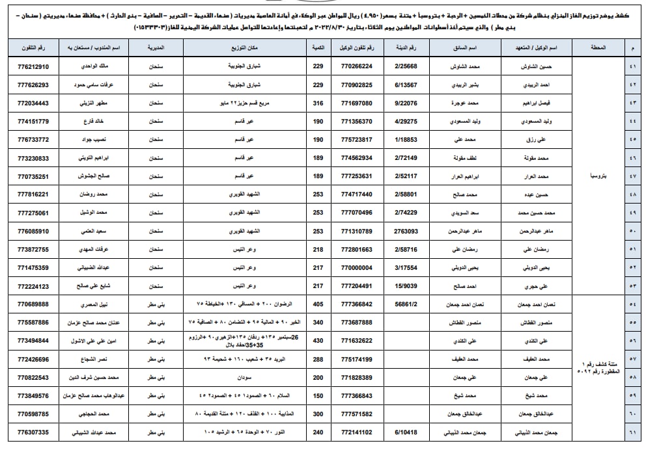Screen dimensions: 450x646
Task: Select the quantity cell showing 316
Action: [318, 103]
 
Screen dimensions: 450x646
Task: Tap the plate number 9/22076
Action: [406, 103]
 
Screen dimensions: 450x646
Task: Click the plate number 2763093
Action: [406, 231]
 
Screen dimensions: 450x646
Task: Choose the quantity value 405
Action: [318, 304]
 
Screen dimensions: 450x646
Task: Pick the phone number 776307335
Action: [34, 432]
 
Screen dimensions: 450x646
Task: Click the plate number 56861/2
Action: [406, 304]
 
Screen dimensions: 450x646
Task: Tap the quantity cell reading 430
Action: [318, 340]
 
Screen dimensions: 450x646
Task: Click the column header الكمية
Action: [318, 48]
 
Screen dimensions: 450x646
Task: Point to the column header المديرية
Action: [156, 48]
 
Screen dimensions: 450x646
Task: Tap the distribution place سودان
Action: [245, 377]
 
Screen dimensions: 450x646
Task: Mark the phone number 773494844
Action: [34, 340]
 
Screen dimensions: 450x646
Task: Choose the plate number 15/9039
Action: [406, 285]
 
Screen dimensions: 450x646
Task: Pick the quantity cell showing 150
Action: [318, 395]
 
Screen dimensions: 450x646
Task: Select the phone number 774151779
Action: [34, 121]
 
